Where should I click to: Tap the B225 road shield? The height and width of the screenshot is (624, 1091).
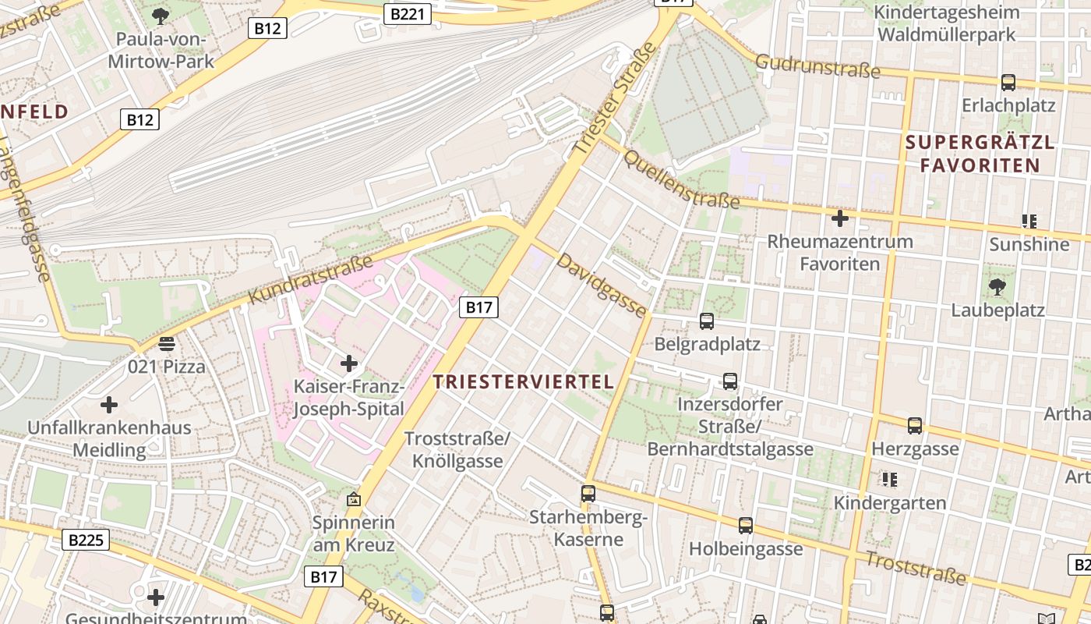(86, 540)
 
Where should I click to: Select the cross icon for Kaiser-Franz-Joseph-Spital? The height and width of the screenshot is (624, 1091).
(349, 363)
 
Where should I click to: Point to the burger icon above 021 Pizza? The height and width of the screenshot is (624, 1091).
(166, 343)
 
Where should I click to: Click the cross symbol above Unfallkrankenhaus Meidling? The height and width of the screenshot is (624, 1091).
(109, 405)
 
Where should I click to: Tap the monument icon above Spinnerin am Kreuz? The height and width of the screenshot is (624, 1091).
(354, 498)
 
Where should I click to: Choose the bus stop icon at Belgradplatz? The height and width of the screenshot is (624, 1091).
(707, 321)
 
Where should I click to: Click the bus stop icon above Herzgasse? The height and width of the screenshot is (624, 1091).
(915, 426)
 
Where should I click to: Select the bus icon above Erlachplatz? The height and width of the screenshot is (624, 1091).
(1008, 82)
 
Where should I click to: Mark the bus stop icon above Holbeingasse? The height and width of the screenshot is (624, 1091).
(746, 526)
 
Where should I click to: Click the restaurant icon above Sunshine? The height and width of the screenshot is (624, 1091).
(1029, 222)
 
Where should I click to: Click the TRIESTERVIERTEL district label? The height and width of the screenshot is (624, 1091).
(523, 381)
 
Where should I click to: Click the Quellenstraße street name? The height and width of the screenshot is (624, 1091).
(680, 179)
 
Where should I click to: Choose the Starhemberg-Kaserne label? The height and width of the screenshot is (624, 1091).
(588, 528)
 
